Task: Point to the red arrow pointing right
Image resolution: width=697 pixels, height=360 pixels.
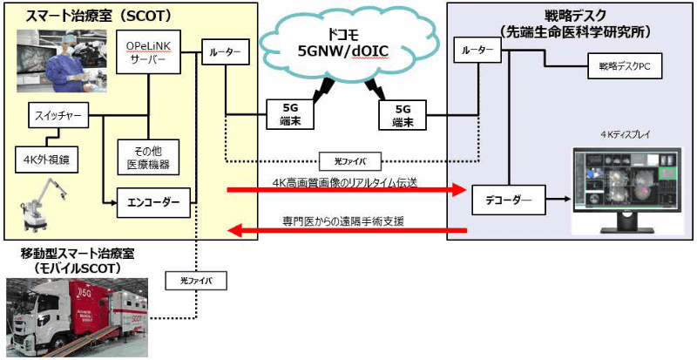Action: click(x=348, y=189)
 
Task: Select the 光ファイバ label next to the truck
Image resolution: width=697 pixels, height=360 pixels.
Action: click(x=195, y=282)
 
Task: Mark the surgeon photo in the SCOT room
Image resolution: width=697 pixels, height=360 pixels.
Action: click(x=60, y=58)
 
